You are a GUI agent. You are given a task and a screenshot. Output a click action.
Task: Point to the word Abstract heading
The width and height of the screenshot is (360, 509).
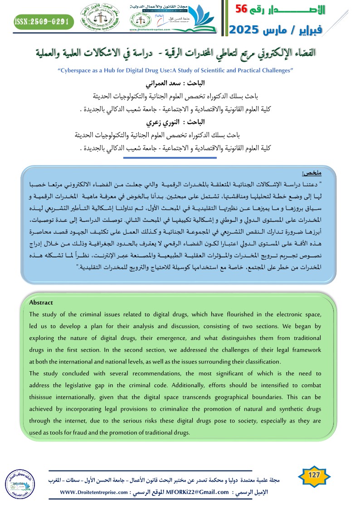click(x=41, y=302)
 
